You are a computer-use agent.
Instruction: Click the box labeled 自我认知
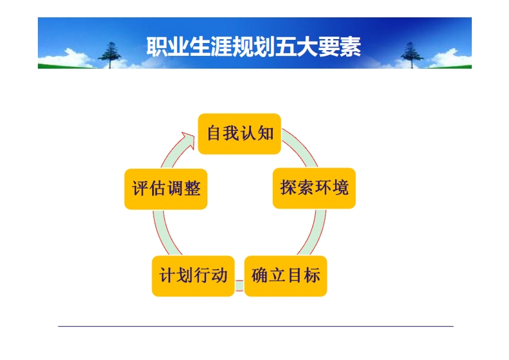click(239, 133)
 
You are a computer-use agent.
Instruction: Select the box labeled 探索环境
click(314, 188)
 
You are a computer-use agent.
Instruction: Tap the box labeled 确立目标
click(286, 276)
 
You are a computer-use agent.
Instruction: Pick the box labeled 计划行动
click(193, 276)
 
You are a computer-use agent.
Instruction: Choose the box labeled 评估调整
click(166, 189)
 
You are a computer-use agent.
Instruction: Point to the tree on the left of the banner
click(113, 54)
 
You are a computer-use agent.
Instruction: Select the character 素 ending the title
click(350, 47)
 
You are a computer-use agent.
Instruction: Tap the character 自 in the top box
click(214, 133)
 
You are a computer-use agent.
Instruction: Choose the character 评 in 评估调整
click(140, 189)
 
